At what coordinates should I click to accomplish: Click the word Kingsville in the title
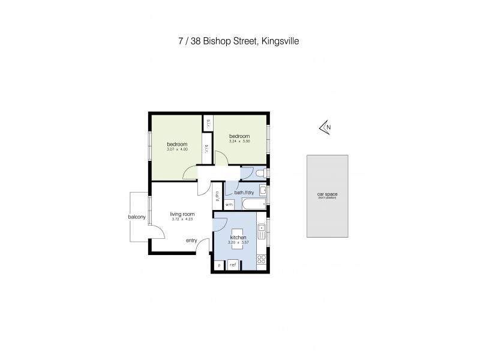click(x=278, y=41)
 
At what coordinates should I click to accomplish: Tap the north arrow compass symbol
click(x=325, y=127)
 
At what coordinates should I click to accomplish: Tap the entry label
click(x=191, y=241)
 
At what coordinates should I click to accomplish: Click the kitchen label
click(x=239, y=238)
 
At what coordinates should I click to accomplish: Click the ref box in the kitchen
click(x=232, y=264)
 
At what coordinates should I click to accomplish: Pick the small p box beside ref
click(x=219, y=264)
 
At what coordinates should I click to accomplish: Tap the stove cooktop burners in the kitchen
click(x=262, y=259)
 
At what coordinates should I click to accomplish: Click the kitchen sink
click(x=262, y=229)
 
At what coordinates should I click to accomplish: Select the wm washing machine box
click(x=229, y=205)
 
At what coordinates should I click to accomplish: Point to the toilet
click(x=259, y=173)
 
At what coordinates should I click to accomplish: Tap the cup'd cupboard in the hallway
click(x=217, y=196)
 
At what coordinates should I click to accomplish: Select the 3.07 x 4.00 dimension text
click(x=178, y=149)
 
